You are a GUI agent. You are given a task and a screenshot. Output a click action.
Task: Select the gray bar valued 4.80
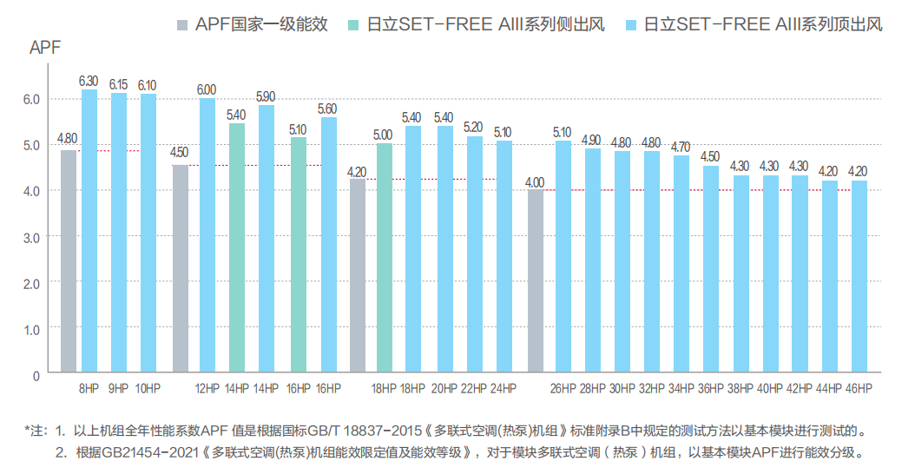pyautogui.click(x=69, y=260)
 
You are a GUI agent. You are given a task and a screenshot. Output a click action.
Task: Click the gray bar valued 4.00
pyautogui.click(x=536, y=281)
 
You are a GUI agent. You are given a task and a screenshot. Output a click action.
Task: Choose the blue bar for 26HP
pyautogui.click(x=563, y=256)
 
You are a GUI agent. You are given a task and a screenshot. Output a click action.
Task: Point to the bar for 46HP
pyautogui.click(x=859, y=277)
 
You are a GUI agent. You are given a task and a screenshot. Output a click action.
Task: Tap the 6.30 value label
pyautogui.click(x=89, y=81)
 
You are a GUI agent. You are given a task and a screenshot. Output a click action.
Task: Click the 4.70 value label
pyautogui.click(x=681, y=147)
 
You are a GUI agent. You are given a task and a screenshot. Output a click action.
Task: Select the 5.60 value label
pyautogui.click(x=327, y=109)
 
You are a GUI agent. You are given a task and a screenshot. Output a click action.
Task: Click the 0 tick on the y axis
pyautogui.click(x=36, y=376)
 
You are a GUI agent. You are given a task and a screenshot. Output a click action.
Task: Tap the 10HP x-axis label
pyautogui.click(x=148, y=387)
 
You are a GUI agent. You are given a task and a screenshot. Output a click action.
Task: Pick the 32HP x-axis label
pyautogui.click(x=652, y=387)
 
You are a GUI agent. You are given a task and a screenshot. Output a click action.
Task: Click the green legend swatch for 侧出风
pyautogui.click(x=352, y=23)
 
